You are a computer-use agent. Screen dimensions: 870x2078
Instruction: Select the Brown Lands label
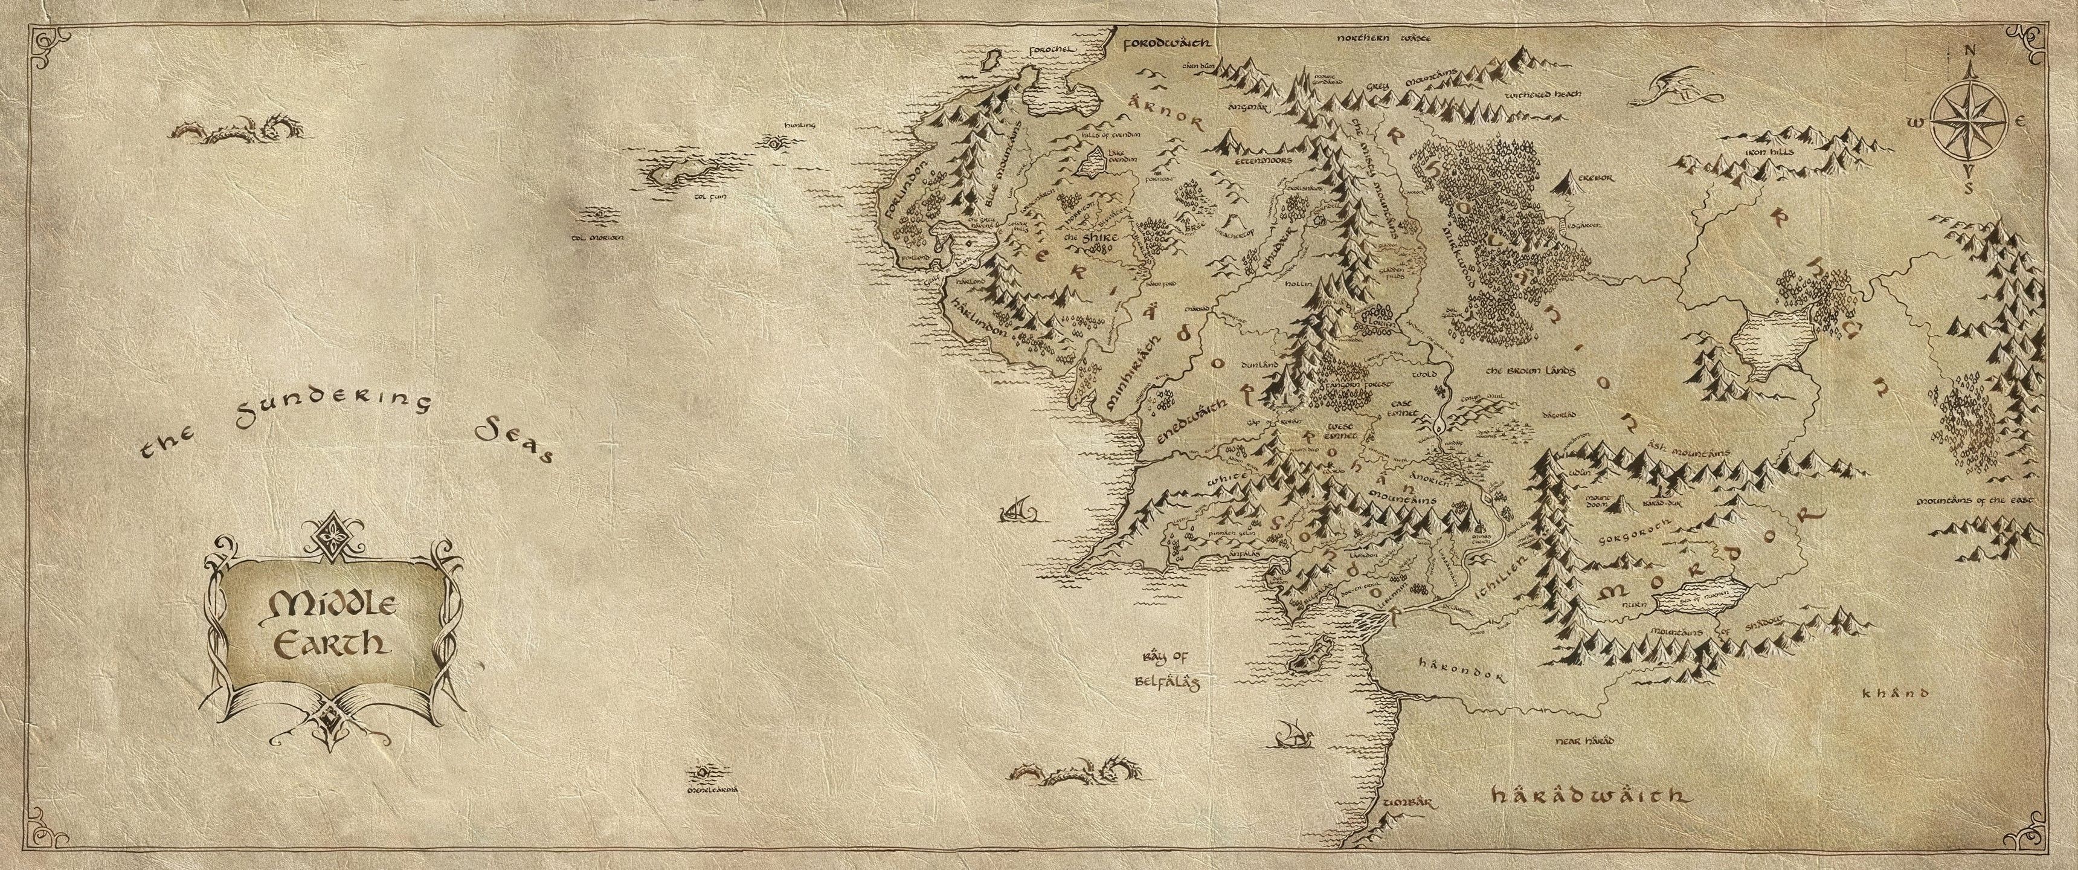1530,370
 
